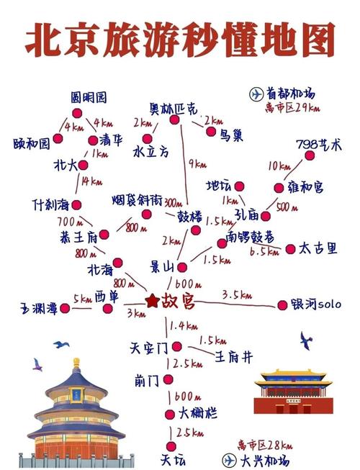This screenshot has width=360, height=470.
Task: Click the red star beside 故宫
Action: [152, 300]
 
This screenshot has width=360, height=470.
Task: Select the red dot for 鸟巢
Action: [211, 132]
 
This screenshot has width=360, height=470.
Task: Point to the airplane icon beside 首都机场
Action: [256, 94]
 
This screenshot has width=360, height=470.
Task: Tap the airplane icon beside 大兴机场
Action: [230, 459]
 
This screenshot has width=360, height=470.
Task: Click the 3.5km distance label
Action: [236, 294]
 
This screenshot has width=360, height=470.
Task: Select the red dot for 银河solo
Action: [282, 305]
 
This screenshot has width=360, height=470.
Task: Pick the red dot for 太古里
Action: [290, 249]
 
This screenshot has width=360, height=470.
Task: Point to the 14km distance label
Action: [91, 181]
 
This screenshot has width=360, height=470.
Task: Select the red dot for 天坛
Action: [171, 435]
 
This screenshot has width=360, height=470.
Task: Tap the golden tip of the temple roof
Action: [76, 361]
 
